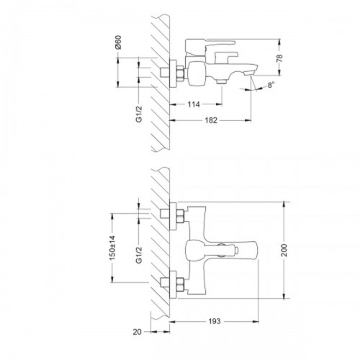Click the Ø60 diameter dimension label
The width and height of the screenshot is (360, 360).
(118, 42)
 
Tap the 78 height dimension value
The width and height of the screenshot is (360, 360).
(279, 58)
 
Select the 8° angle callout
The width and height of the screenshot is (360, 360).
(271, 85)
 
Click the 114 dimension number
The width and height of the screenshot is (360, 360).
(194, 104)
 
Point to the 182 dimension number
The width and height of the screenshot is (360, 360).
(211, 120)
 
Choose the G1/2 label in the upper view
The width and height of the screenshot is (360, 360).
(139, 114)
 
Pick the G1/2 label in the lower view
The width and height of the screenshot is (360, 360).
(139, 255)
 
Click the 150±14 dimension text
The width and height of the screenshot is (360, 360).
(113, 248)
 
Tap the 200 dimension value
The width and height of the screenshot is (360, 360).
(284, 250)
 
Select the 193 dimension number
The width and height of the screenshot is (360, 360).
(215, 321)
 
